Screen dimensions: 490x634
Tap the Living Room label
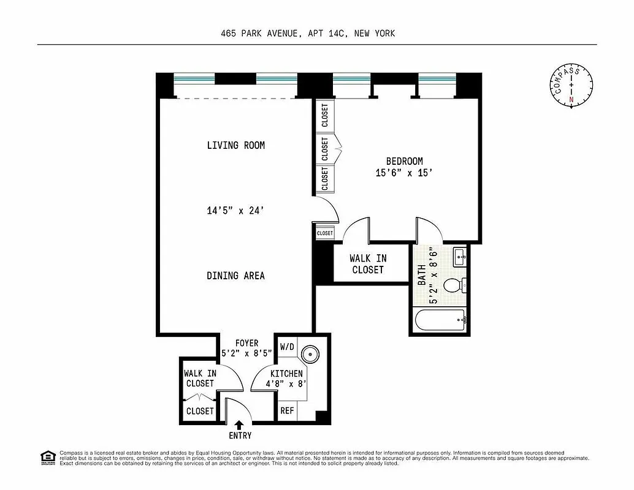pyautogui.click(x=236, y=145)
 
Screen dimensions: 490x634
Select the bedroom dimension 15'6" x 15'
pyautogui.click(x=404, y=173)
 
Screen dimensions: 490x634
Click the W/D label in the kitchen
pyautogui.click(x=287, y=347)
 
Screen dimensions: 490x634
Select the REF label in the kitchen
pyautogui.click(x=287, y=411)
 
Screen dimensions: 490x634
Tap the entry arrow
pyautogui.click(x=239, y=424)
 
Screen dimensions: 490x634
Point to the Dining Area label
pyautogui.click(x=236, y=276)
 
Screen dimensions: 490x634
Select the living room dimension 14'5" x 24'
pyautogui.click(x=236, y=211)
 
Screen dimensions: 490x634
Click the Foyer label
pyautogui.click(x=247, y=343)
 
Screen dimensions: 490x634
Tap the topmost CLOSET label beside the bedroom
pyautogui.click(x=324, y=115)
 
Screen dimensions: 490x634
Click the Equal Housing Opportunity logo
pyautogui.click(x=45, y=457)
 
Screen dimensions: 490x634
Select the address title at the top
pyautogui.click(x=308, y=34)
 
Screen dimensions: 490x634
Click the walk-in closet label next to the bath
pyautogui.click(x=368, y=264)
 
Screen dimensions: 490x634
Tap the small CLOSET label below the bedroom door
pyautogui.click(x=324, y=233)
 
